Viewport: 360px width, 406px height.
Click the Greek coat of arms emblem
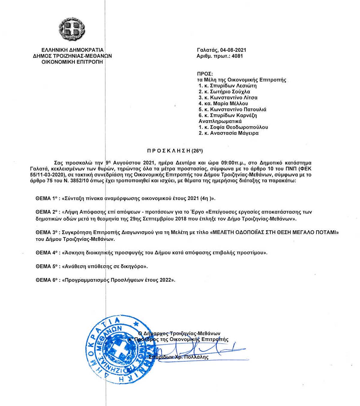click(x=72, y=29)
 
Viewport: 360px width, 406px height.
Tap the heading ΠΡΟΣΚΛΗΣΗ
click(x=169, y=151)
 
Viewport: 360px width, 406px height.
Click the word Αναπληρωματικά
click(x=220, y=121)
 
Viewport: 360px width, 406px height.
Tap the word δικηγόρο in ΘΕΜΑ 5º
click(x=134, y=266)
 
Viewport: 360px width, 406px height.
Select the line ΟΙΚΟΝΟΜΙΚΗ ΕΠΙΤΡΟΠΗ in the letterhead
click(x=72, y=62)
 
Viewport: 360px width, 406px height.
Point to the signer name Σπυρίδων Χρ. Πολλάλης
click(x=178, y=357)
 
